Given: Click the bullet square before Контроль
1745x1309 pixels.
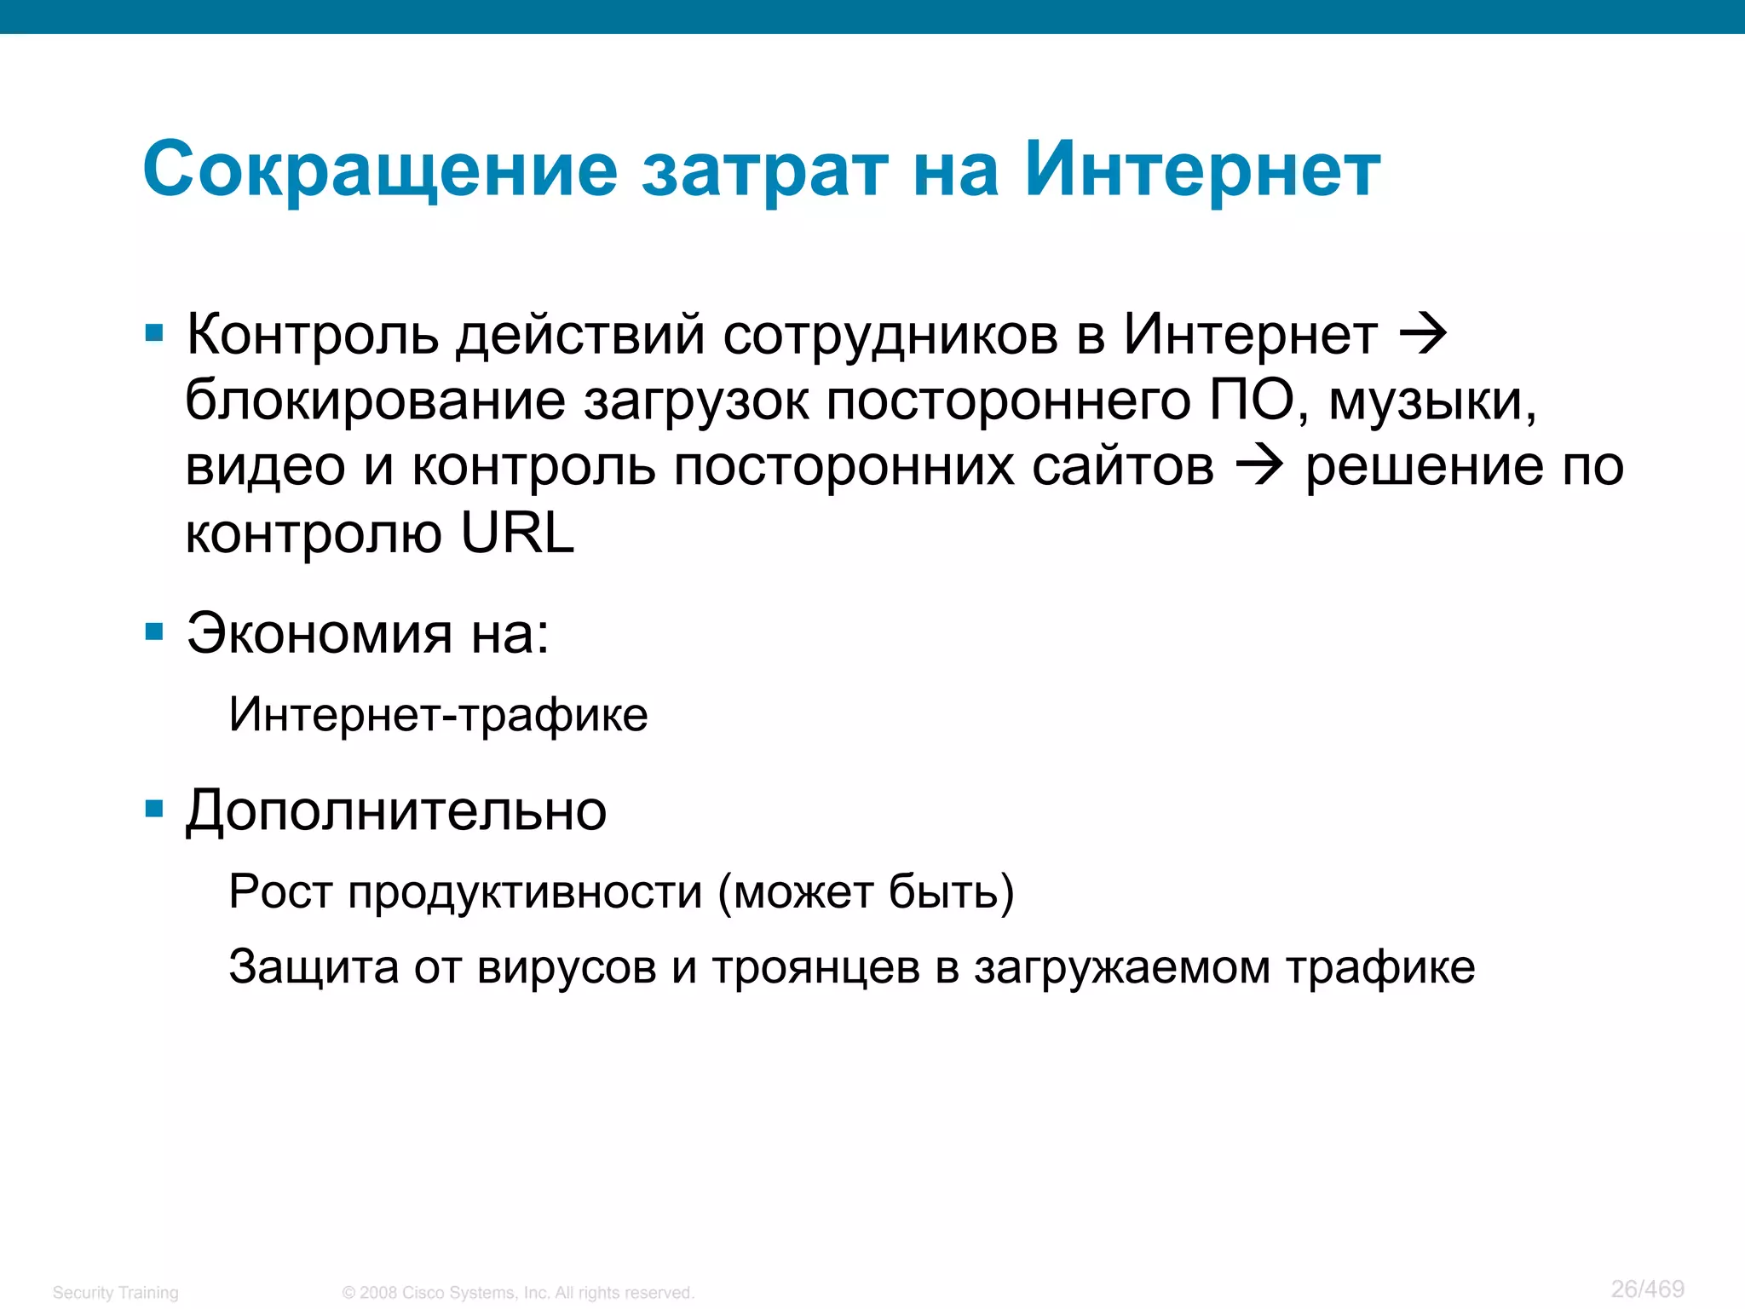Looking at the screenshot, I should tap(154, 333).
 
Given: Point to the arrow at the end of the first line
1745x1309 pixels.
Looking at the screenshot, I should tap(1424, 334).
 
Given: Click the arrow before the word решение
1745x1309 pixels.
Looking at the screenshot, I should tap(1259, 466).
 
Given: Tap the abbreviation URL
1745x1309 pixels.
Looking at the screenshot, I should tap(517, 533).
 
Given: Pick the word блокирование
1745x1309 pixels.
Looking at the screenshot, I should tap(375, 401).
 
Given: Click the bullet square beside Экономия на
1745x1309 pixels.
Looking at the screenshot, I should tap(154, 632).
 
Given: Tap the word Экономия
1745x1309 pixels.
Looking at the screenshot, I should tap(320, 634).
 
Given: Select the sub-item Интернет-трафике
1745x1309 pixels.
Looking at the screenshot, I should tap(438, 714).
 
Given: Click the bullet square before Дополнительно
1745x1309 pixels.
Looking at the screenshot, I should tap(154, 809).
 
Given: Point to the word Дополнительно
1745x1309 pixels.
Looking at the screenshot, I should tap(396, 810).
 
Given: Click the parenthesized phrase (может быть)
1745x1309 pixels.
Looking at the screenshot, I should tap(866, 892).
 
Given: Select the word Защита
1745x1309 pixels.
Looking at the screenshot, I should tap(314, 967).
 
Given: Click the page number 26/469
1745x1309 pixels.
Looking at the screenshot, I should tap(1647, 1289).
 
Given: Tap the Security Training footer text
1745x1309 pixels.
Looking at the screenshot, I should tap(116, 1293).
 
